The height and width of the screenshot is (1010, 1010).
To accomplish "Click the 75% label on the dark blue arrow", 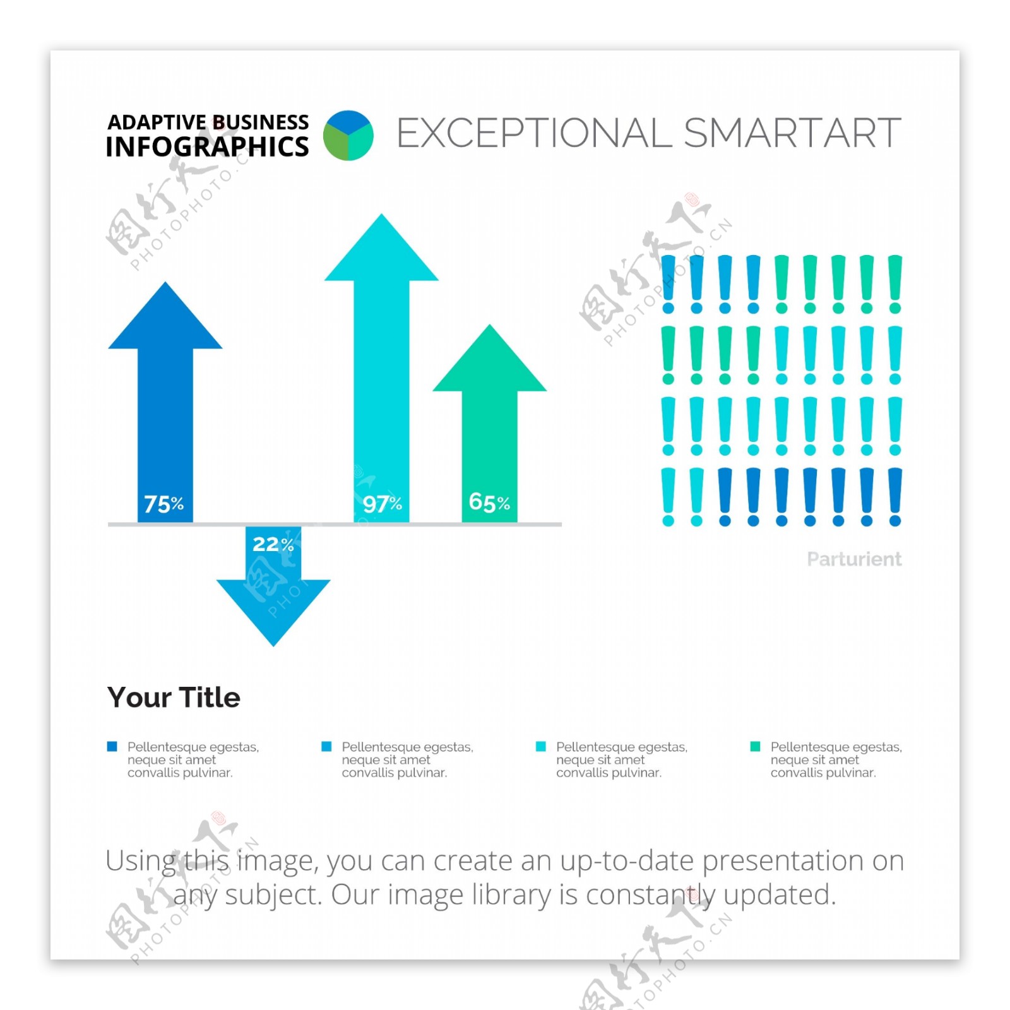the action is coord(164,504).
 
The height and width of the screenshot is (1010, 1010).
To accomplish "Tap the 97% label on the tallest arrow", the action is coord(383,504).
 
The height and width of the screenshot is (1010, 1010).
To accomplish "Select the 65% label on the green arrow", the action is coord(489,502).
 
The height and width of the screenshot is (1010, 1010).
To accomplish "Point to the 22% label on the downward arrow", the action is coord(273,544).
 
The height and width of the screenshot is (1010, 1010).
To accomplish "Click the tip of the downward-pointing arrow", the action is coord(273,646).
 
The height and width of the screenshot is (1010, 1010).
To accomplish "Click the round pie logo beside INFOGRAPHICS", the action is coord(348,135).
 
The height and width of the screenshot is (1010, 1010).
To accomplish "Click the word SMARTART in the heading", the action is coord(793,133).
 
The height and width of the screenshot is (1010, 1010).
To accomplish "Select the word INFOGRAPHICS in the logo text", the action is coord(208,146).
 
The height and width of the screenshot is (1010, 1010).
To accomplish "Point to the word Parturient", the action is coord(854,559).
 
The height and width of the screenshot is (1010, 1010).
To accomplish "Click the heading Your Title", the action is coord(174,698).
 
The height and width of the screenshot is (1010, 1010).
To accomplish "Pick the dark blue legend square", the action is coord(112,747).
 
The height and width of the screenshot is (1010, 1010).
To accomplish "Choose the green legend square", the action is coord(755,747).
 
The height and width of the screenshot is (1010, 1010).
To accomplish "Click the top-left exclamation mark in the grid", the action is coord(668,284).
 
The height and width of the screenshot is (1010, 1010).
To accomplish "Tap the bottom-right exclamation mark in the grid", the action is coord(895,497).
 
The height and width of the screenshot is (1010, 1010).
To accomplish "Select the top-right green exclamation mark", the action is coord(895,284).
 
